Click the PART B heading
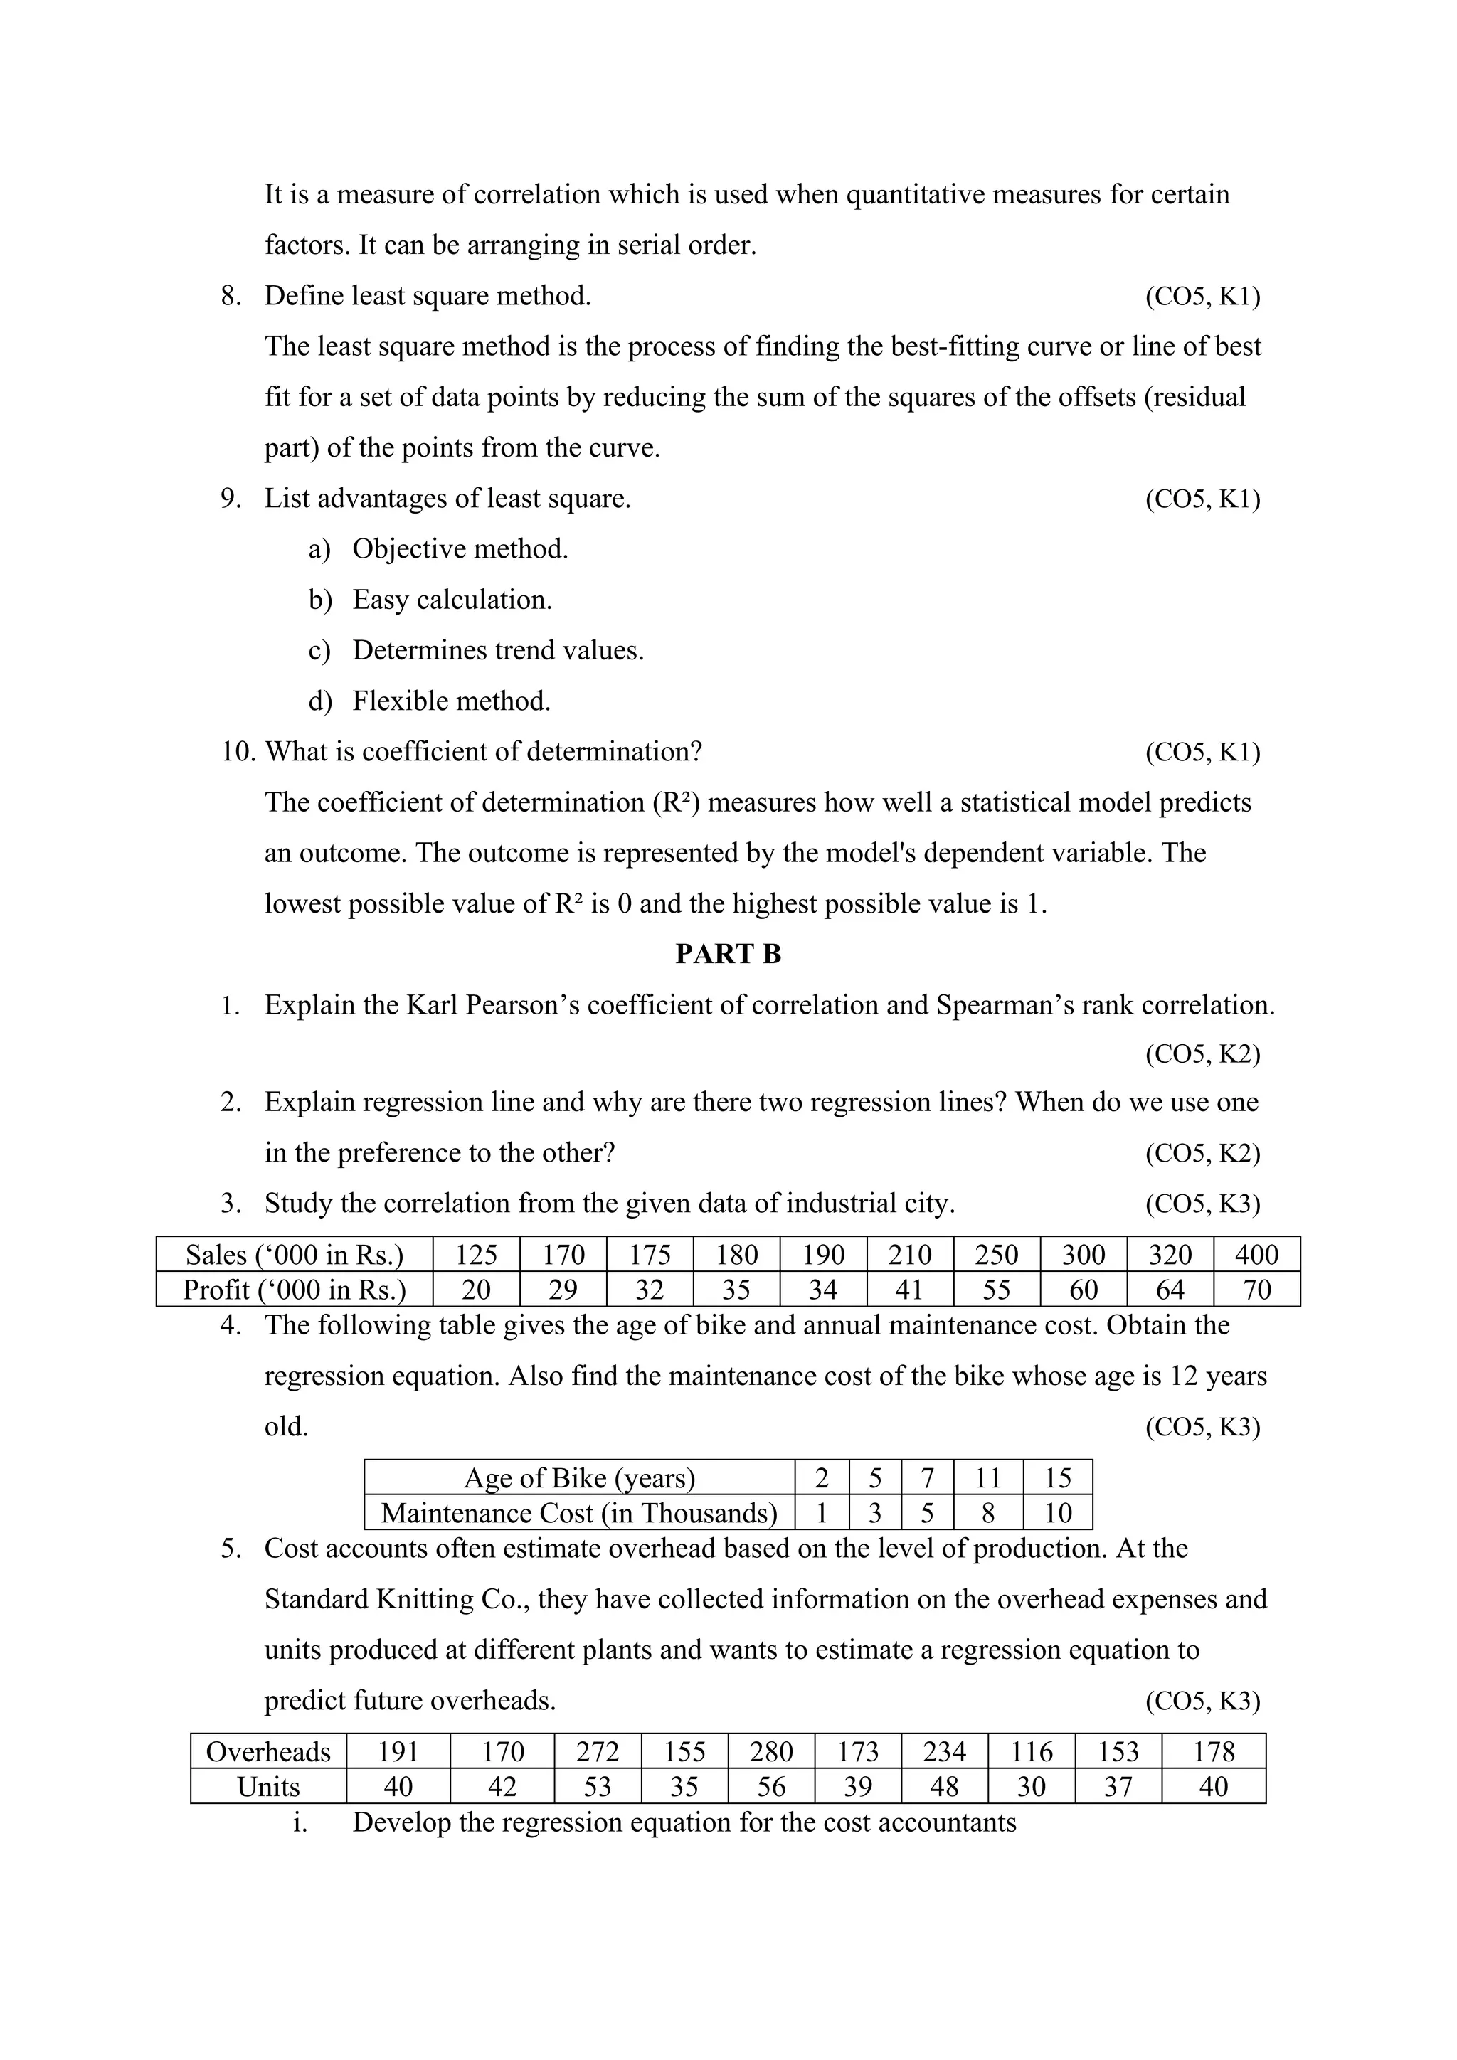pyautogui.click(x=728, y=954)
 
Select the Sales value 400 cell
pyautogui.click(x=1256, y=1254)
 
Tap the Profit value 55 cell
pyautogui.click(x=996, y=1290)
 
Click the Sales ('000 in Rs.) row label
pyautogui.click(x=295, y=1254)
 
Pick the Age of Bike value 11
pyautogui.click(x=987, y=1477)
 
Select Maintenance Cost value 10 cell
pyautogui.click(x=1058, y=1513)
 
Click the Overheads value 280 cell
pyautogui.click(x=770, y=1751)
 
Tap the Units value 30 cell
pyautogui.click(x=1031, y=1786)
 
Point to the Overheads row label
pyautogui.click(x=268, y=1751)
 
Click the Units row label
pyautogui.click(x=268, y=1786)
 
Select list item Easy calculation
pyautogui.click(x=452, y=600)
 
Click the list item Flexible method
pyautogui.click(x=451, y=701)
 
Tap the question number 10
pyautogui.click(x=238, y=752)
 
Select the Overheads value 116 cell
pyautogui.click(x=1031, y=1751)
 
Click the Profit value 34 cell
pyautogui.click(x=822, y=1290)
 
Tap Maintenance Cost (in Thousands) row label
pyautogui.click(x=578, y=1513)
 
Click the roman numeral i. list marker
pyautogui.click(x=300, y=1822)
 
